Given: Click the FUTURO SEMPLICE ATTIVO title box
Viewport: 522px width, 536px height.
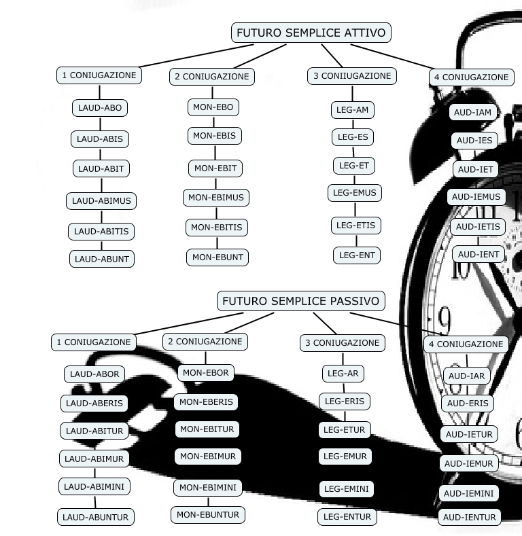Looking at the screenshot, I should [x=311, y=33].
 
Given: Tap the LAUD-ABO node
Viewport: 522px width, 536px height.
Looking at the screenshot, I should [x=100, y=108].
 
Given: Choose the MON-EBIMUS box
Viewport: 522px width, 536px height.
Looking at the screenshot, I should [x=217, y=198].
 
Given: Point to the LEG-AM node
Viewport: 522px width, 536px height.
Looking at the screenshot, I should [x=353, y=110].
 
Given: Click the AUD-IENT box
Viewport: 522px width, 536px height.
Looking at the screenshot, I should [x=478, y=254].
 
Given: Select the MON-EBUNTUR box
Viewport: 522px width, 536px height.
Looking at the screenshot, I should [x=208, y=515].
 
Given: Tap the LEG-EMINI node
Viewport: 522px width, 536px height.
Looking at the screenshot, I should [x=346, y=488].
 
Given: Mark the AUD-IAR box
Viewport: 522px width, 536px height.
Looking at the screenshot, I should [x=467, y=376].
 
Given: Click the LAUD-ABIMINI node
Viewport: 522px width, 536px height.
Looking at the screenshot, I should [x=94, y=486].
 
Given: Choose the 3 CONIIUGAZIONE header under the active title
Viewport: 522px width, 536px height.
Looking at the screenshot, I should [x=352, y=76].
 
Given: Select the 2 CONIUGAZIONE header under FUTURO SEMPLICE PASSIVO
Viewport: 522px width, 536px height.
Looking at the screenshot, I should [x=205, y=342].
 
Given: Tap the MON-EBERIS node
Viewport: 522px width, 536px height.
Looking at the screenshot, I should [x=206, y=401].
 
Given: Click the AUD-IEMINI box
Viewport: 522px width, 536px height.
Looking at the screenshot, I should [x=469, y=493].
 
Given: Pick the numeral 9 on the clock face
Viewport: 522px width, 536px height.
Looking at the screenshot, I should [x=445, y=318].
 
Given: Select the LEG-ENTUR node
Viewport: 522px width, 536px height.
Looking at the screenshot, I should [x=347, y=517].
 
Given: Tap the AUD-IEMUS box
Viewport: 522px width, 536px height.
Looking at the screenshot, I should [x=476, y=197].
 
